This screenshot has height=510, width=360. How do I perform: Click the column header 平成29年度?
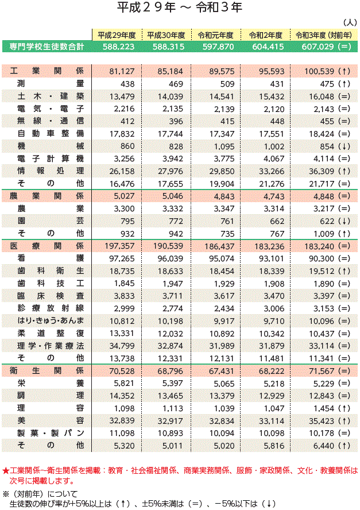point(116,34)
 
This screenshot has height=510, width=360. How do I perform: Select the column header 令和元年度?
point(215,34)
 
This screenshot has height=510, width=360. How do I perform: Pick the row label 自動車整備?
point(51,133)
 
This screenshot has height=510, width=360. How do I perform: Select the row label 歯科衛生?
point(51,271)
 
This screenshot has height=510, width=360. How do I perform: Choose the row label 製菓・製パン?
point(51,432)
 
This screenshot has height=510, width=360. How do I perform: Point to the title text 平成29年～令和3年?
point(180,8)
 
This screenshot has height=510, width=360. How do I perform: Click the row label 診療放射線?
point(51,308)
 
